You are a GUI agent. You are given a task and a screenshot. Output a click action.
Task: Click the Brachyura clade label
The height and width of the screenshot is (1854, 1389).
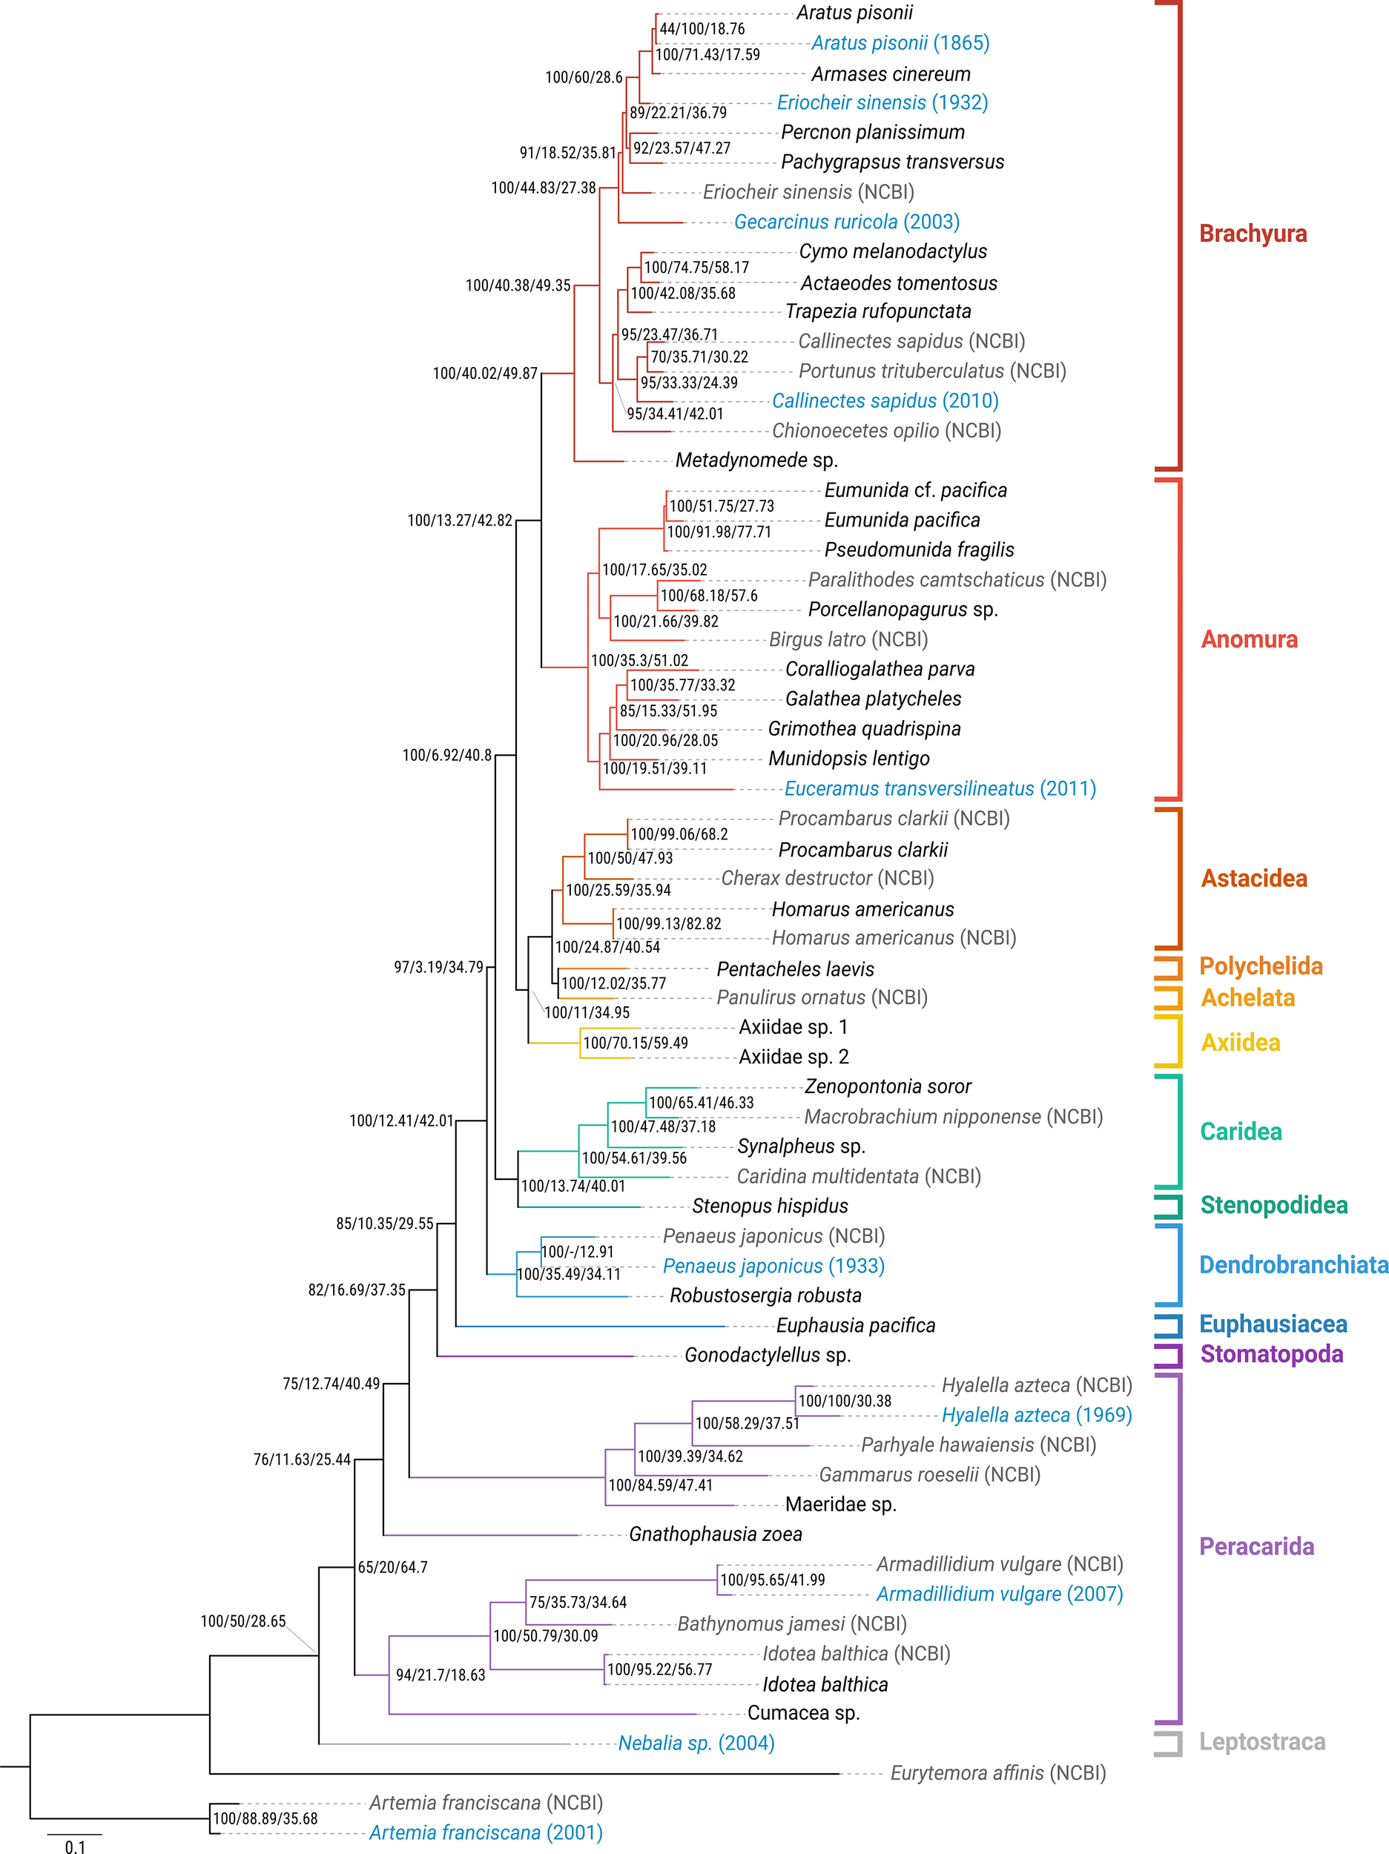tap(1253, 233)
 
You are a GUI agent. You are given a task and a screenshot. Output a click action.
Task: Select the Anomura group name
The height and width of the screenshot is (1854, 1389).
tap(1249, 639)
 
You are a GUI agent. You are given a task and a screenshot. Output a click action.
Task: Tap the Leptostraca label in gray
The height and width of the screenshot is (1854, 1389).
tap(1261, 1742)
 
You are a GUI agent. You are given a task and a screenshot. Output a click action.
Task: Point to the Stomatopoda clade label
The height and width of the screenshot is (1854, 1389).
tap(1271, 1353)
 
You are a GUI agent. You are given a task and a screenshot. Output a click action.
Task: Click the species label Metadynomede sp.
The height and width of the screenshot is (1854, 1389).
tap(756, 460)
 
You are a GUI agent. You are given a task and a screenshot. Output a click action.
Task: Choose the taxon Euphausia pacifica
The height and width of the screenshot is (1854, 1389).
tap(855, 1325)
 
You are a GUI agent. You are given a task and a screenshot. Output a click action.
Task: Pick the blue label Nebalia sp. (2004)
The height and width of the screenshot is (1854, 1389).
tap(696, 1743)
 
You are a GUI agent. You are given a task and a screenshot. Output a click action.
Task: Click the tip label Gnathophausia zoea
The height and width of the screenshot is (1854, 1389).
tap(715, 1534)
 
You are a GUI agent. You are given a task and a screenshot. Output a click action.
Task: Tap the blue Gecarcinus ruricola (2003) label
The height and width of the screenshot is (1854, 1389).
tap(847, 222)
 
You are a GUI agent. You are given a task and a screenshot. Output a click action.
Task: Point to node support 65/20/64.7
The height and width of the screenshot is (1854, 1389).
tap(392, 1567)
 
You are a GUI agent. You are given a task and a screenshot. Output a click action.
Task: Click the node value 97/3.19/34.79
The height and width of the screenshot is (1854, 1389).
tap(438, 967)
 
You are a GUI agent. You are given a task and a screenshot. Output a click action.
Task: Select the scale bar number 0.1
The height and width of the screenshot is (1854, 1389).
tap(75, 1847)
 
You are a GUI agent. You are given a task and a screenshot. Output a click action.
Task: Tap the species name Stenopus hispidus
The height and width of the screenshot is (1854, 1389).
tap(770, 1206)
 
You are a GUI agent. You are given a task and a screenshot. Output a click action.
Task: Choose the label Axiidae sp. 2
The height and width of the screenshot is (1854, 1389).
tap(793, 1057)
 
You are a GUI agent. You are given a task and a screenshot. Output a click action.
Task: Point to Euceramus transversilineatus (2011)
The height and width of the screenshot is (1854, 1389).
tap(940, 789)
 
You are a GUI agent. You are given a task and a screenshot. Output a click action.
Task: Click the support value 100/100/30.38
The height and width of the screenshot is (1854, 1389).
tap(844, 1401)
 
